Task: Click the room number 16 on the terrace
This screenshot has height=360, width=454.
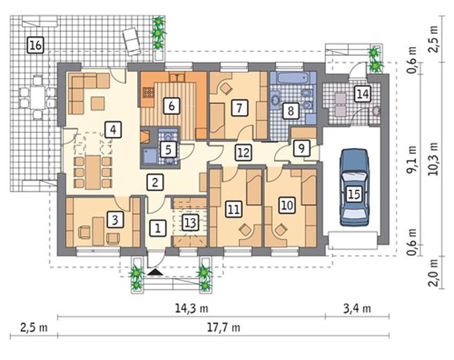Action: coord(35,45)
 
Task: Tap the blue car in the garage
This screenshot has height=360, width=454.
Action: coord(354,188)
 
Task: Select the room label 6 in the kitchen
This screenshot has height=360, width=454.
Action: coord(172,106)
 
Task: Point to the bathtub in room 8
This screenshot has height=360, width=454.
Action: coord(293,78)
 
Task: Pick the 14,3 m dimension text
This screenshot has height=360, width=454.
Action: coord(192,308)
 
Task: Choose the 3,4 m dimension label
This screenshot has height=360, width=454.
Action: coord(357,309)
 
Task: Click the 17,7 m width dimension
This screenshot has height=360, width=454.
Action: coord(224,327)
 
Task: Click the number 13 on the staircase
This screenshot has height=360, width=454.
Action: coord(190,223)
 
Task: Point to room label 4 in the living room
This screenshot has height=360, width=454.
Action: coord(113,129)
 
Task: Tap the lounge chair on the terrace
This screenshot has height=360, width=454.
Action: coord(131,41)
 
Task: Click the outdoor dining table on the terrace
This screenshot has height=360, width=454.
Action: coord(37,98)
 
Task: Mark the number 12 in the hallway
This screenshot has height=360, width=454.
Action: coord(243,152)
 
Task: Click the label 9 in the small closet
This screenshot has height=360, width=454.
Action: coord(302,148)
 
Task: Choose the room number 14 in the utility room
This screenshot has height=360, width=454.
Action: coord(363,94)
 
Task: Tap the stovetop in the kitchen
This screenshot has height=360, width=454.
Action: coord(149,93)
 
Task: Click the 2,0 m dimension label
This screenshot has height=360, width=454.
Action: coord(433,272)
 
